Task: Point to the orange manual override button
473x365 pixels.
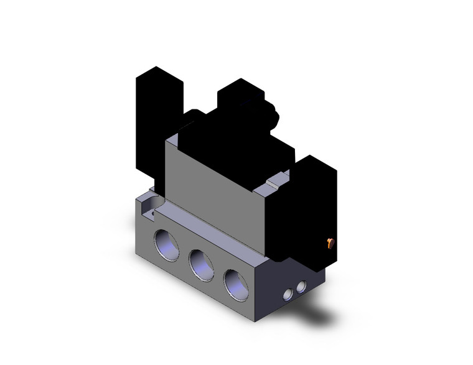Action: click(331, 243)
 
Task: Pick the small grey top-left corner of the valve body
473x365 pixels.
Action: click(172, 141)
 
